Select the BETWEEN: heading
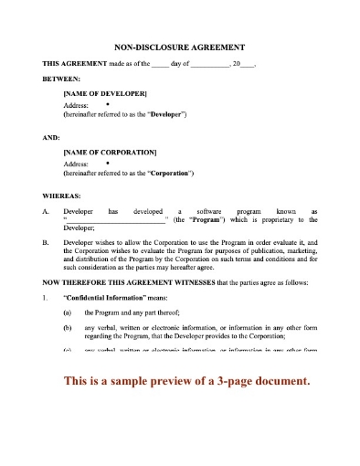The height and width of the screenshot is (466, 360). click(x=61, y=79)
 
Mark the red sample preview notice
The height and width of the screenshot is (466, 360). click(x=180, y=380)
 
